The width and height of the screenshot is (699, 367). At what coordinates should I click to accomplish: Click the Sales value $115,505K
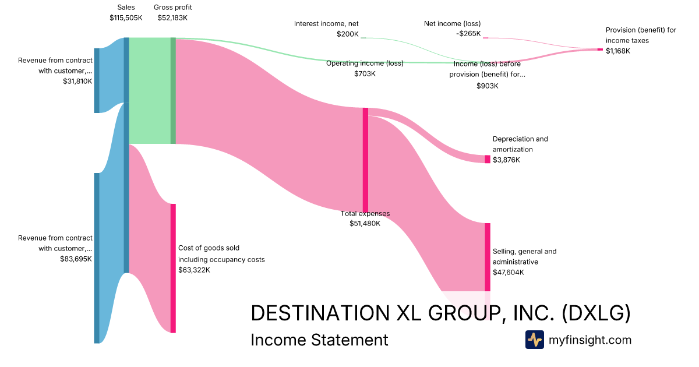pos(126,18)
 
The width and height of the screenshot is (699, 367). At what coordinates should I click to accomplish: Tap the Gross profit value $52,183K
pos(172,18)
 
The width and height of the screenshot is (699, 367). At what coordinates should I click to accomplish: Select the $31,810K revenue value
pos(77,82)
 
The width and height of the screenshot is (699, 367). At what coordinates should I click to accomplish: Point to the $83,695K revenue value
pos(76,259)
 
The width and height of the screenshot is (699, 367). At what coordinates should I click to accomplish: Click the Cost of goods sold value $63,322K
pos(194,270)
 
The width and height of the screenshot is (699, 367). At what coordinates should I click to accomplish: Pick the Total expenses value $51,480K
pos(365,223)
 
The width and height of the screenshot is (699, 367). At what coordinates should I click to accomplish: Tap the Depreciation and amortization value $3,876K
pos(506,160)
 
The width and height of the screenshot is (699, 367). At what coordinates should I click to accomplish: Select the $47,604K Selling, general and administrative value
pos(508,272)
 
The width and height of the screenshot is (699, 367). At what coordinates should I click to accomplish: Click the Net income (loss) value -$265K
pos(468,34)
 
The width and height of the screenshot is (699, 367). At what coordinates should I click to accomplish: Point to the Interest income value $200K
pos(348,34)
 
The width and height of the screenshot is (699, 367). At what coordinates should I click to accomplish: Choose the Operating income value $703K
pos(365,74)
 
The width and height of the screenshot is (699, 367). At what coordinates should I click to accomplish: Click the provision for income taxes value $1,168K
pos(618,51)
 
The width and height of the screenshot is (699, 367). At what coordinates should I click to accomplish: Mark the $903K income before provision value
pos(488,86)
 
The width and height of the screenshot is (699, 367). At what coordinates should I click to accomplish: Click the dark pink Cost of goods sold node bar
pos(173,268)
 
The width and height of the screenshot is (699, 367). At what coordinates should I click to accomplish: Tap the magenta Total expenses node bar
pos(365,160)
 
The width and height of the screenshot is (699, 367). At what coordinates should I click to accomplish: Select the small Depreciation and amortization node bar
pos(488,159)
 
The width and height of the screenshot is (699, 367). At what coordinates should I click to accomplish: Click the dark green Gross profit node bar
pos(173,90)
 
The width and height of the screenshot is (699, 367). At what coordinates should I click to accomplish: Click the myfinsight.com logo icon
pos(534,340)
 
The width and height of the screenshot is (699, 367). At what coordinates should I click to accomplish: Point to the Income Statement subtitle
pos(319,340)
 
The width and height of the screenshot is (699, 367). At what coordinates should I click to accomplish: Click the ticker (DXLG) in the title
pos(596,313)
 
